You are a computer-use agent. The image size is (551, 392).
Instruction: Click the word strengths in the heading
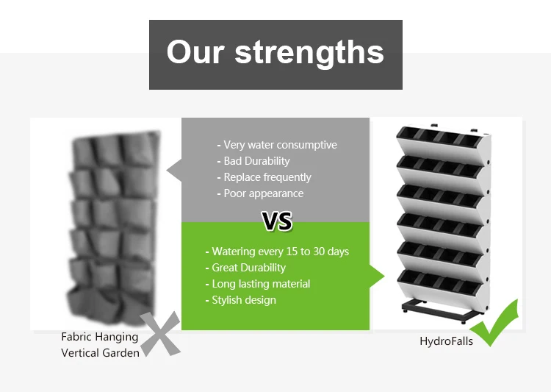pos(309,53)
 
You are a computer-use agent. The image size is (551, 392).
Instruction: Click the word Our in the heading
pos(195,51)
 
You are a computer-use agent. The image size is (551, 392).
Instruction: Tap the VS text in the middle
pos(277,221)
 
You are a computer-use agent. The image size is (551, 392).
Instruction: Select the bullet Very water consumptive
pos(277,145)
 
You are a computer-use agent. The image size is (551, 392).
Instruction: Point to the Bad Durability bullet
pos(253,161)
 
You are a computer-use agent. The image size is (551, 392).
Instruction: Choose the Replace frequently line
pos(264,177)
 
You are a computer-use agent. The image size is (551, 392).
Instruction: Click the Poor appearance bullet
pos(260,193)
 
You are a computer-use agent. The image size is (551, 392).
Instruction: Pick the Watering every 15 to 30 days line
pos(277,252)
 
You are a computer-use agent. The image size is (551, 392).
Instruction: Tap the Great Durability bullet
pos(245,268)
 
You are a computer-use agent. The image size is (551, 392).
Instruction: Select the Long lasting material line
pos(258,284)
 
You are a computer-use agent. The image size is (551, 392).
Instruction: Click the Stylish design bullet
pos(241,300)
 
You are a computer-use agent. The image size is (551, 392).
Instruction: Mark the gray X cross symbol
pos(160,334)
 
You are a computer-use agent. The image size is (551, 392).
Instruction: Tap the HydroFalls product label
pos(446,341)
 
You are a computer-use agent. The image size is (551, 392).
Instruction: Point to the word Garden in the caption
pos(121,352)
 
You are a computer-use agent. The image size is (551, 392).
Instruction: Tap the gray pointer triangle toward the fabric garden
pos(174,171)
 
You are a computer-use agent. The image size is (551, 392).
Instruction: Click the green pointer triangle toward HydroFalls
pos(377,277)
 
